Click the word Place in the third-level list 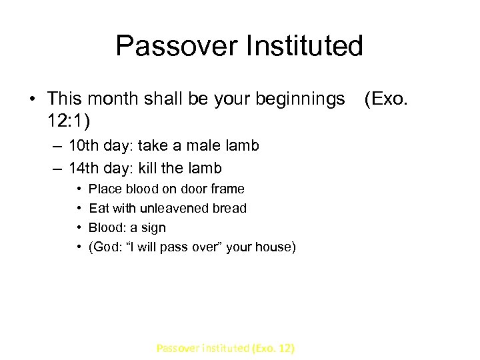[103, 189]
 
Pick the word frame [227, 189]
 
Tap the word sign [152, 228]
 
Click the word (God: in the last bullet [105, 247]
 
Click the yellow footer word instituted [219, 348]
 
